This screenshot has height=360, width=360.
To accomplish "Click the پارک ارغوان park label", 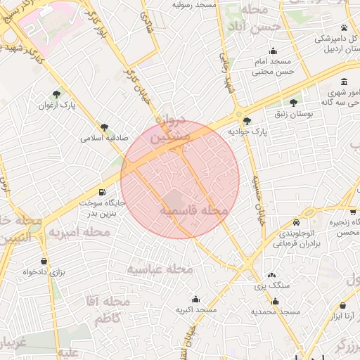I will [x=57, y=105].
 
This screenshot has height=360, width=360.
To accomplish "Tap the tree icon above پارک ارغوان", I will [x=56, y=94].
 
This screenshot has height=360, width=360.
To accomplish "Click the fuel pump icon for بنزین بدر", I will [x=103, y=192].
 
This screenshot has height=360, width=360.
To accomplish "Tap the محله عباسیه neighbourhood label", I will [x=160, y=269].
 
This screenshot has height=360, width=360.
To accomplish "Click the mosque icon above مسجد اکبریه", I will [x=196, y=298].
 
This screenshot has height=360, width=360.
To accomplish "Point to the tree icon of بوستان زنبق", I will [x=293, y=103].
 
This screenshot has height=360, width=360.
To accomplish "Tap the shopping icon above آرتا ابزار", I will [x=342, y=306].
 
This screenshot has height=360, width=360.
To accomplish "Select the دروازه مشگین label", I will [x=172, y=129].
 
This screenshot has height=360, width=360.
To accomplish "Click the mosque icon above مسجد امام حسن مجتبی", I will [x=274, y=51].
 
